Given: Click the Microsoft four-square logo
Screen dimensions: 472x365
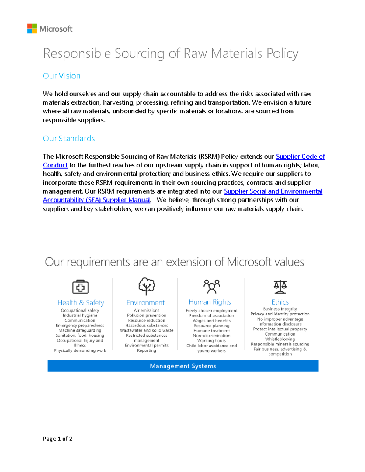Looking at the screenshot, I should pos(32,29).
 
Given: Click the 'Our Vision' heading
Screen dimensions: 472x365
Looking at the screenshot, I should pos(61,76).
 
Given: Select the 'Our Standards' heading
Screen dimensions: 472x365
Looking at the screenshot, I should pos(69,138).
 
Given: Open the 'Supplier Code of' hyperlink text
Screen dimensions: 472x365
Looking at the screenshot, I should pos(300,157).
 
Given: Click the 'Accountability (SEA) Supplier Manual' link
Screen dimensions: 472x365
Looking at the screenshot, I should pos(96,200).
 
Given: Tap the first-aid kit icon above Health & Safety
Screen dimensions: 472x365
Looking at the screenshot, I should pos(80,287).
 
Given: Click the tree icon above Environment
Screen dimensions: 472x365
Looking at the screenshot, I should pos(147,286).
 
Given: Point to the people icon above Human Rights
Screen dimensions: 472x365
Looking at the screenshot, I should pos(212,286).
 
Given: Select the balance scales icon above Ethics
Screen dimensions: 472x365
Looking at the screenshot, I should pos(280,287).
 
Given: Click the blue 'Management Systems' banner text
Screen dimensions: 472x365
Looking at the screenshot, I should pos(183,366).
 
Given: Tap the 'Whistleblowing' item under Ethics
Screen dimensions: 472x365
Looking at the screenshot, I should pos(280,339).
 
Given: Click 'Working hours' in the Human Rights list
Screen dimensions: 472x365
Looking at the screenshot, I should pos(211,341).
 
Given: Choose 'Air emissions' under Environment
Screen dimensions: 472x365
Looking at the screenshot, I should pos(147,310).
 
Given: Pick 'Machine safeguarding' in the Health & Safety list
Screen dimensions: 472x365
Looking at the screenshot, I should pos(80,330).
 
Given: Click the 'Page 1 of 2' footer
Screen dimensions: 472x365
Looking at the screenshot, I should pos(57,439).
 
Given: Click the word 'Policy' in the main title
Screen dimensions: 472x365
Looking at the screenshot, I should pos(282,53).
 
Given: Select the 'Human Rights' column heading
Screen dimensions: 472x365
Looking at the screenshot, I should pos(210,302).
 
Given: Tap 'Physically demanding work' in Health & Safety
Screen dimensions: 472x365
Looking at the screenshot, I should pos(80,350).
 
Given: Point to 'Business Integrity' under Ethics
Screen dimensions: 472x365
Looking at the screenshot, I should pos(280,309).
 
